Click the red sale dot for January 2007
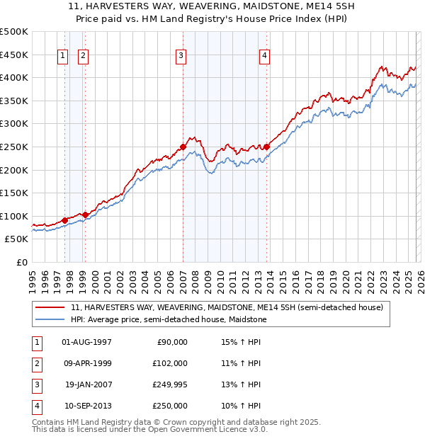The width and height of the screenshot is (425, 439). click(183, 147)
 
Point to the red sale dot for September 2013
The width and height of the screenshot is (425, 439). click(266, 147)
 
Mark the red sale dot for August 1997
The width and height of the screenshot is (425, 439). click(64, 220)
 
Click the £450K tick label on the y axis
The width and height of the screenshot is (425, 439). click(14, 55)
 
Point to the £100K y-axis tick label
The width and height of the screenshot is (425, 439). click(14, 216)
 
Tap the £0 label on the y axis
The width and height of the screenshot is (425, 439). click(21, 262)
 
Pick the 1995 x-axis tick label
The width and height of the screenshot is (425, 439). click(33, 278)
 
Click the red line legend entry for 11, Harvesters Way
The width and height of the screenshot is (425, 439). click(227, 307)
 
